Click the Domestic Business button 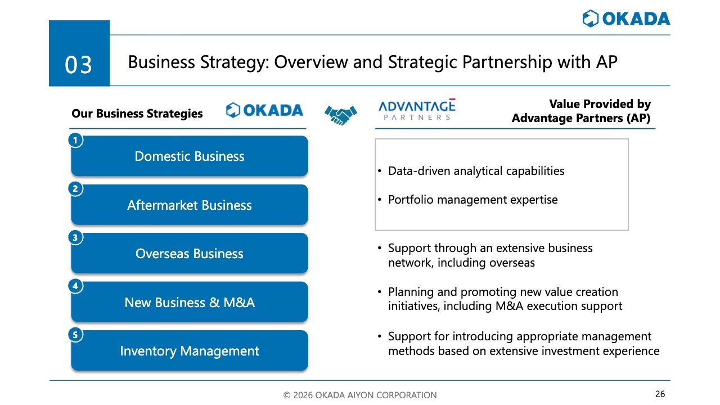[190, 156]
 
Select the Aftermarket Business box [190, 205]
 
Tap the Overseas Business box [190, 254]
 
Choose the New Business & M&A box [190, 302]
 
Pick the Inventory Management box [190, 350]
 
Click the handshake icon [341, 115]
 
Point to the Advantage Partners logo [417, 109]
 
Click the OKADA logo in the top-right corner [626, 19]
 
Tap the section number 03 [78, 65]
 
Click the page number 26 [660, 394]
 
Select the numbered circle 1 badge [75, 141]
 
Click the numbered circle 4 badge [75, 286]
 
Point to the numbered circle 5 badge [75, 335]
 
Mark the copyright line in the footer [360, 395]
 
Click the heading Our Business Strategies [137, 114]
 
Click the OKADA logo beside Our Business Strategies [264, 110]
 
